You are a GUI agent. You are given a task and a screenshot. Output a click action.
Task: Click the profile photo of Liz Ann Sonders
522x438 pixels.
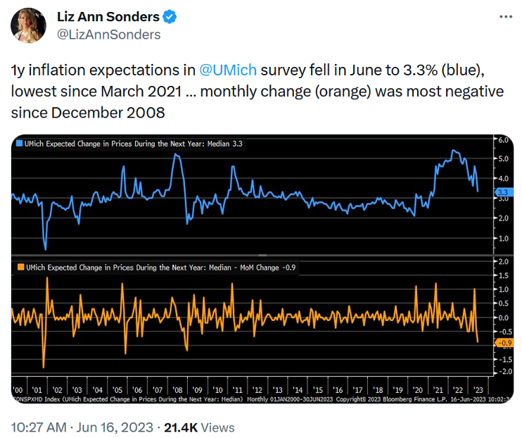coord(28,26)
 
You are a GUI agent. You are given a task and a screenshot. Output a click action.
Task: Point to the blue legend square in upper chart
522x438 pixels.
coord(19,144)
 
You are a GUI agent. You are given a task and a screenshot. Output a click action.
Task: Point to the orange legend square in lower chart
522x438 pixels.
coord(19,269)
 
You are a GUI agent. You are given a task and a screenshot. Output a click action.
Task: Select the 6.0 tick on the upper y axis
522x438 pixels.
coord(503,139)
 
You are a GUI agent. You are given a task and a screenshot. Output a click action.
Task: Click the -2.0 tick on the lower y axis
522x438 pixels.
coord(503,371)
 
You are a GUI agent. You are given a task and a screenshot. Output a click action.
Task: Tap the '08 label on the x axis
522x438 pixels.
coord(177,389)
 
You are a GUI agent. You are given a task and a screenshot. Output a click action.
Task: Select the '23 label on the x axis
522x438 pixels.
coord(478,389)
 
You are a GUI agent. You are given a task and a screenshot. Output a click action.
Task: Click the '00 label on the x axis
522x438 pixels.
coord(18,389)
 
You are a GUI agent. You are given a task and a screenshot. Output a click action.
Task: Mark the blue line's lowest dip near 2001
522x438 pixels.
coord(45,249)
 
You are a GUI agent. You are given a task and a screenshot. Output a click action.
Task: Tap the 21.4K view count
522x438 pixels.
coord(179,427)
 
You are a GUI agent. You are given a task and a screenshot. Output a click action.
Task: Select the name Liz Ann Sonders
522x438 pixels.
coord(107,17)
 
